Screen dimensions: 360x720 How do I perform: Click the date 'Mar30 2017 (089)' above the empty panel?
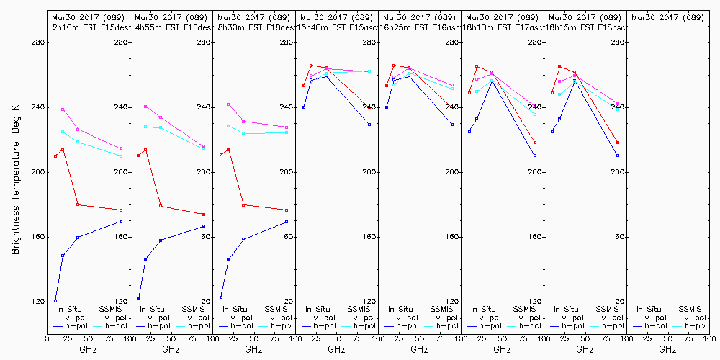coord(667,17)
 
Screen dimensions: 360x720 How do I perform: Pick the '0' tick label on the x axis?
coord(48,337)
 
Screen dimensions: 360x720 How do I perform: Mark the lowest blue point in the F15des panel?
coord(55,301)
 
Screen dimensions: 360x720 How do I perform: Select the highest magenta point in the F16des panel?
coord(145,107)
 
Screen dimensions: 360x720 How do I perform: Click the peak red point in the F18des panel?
coord(228,150)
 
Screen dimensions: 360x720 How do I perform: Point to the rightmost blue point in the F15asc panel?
coord(369,125)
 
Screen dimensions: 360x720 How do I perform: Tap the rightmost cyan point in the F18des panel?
coord(287,132)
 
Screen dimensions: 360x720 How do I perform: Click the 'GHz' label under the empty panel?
coord(667,349)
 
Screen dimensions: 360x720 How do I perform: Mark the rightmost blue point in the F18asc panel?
coord(618,156)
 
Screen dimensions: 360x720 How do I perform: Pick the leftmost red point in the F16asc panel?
coord(387,86)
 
